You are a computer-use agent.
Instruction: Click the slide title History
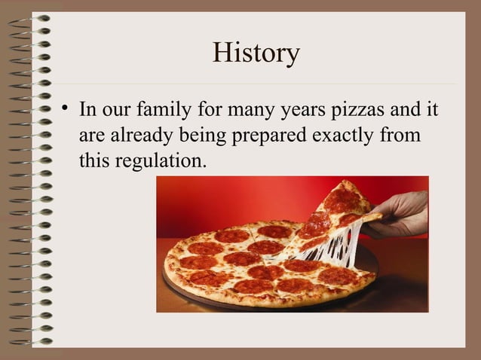(x=256, y=53)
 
